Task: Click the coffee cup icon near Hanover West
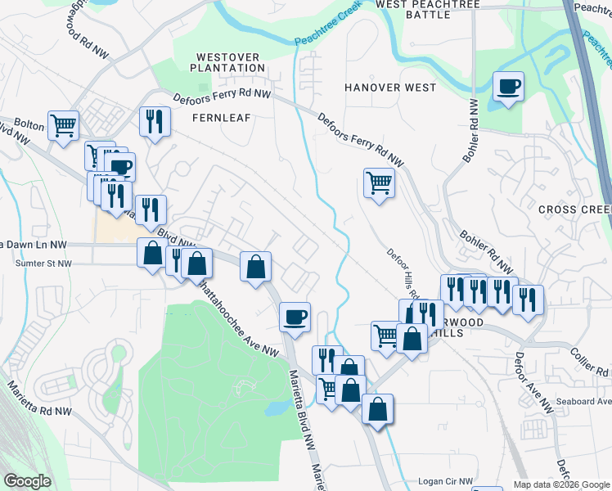tap(508, 86)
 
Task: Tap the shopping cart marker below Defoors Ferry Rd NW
tap(379, 182)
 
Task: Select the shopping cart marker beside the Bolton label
tap(63, 126)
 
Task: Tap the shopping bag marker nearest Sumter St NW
tap(152, 252)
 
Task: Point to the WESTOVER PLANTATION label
tap(226, 62)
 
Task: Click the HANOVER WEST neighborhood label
tap(390, 87)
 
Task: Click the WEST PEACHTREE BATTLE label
tap(428, 10)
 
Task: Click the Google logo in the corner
tap(27, 481)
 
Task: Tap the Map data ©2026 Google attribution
tap(560, 484)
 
